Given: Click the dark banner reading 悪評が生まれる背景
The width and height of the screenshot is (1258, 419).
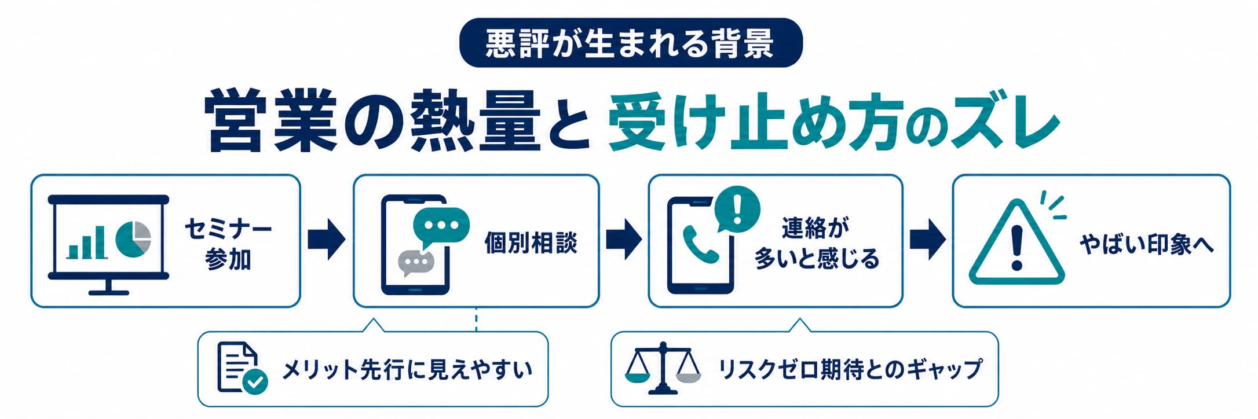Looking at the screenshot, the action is coord(631,43).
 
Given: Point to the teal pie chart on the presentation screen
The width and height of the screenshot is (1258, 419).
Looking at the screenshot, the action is coord(133,238).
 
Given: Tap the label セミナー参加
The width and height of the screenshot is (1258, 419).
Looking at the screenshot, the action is coord(228,244).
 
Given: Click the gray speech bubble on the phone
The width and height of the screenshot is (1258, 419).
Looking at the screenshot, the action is coord(415,263).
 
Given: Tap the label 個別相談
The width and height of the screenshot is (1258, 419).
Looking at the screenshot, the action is coord(531,243).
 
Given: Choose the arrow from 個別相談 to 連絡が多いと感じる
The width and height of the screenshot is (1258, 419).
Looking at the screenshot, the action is coord(624,239).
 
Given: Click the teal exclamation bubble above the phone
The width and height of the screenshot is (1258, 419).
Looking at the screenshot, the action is coord(737,209).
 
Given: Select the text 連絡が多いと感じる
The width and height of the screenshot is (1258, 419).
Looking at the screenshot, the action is coord(816,244).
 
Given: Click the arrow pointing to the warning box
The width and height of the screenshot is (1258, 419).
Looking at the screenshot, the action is coord(928,239).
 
